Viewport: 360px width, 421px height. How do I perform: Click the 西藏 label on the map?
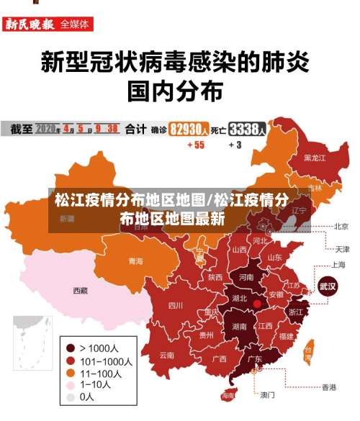pos(80,291)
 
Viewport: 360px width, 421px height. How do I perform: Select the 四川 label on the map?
pos(176,305)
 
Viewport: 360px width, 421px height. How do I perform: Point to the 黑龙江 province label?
pos(315,157)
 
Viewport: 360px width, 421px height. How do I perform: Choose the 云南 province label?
pos(167,355)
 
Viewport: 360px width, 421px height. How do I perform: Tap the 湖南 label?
pos(240,326)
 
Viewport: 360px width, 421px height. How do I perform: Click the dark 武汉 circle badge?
pos(328,286)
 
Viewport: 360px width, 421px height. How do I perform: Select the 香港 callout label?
pos(328,387)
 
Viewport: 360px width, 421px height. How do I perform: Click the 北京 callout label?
pos(341,226)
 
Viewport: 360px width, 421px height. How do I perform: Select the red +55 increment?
pos(196,145)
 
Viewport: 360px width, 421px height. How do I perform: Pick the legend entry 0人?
pos(86,397)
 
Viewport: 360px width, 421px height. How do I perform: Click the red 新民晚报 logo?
pos(30,24)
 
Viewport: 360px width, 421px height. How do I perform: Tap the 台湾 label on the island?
pos(308,353)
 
